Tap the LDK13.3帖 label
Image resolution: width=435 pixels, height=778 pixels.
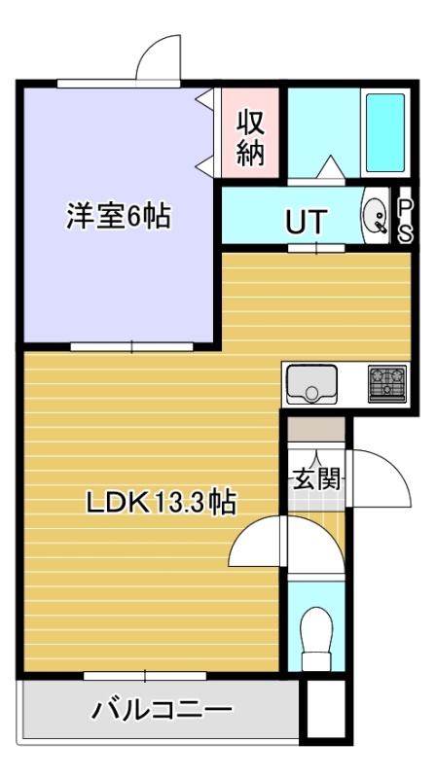pos(161,503)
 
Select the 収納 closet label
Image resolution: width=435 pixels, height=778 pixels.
pos(250,138)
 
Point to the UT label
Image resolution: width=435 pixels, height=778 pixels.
pos(307,222)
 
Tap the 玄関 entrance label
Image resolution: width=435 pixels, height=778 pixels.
pos(316,479)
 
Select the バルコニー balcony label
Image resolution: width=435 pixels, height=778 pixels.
pos(161,710)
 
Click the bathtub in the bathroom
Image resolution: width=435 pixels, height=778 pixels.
pos(385,132)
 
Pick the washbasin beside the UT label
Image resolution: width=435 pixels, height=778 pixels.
pos(377,215)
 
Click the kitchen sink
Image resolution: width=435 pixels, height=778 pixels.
pos(311,384)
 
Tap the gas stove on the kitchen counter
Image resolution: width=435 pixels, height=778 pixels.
pos(387,383)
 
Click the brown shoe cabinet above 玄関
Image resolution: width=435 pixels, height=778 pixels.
pos(316,429)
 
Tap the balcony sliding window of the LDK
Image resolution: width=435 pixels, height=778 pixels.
pos(144,676)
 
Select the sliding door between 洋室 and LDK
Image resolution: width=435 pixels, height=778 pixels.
pos(131,346)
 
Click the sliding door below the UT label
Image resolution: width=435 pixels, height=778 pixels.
pos(316,248)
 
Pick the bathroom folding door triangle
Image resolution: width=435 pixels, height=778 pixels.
pos(330,166)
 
